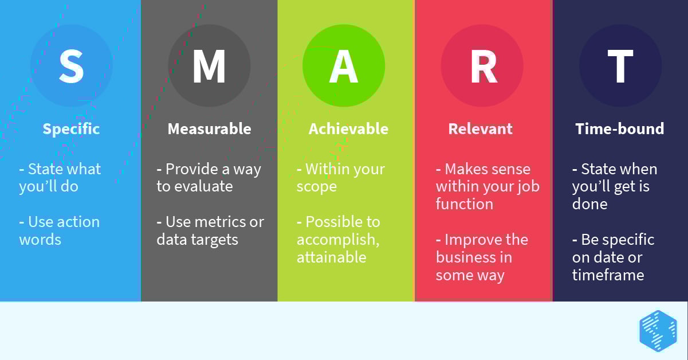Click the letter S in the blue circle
click(x=72, y=66)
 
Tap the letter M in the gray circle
click(x=209, y=66)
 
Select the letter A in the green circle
click(x=344, y=66)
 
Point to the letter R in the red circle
click(x=483, y=66)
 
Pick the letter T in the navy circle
click(x=620, y=66)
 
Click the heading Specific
click(x=71, y=129)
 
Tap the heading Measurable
click(x=209, y=129)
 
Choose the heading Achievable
click(x=348, y=129)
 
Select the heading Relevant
click(x=480, y=129)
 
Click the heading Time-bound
click(x=619, y=129)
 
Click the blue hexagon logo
click(x=658, y=331)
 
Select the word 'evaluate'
click(x=205, y=186)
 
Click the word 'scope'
click(x=316, y=187)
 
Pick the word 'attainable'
click(x=331, y=257)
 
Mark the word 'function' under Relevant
click(x=464, y=204)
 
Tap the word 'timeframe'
click(x=608, y=275)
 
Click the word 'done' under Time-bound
click(x=589, y=204)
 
